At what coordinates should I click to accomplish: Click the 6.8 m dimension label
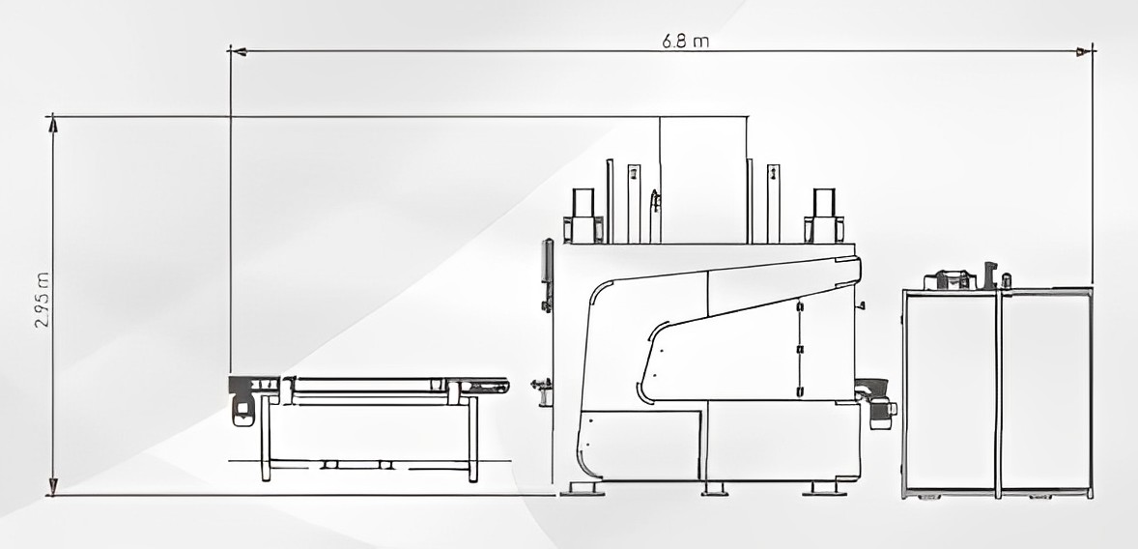click(x=685, y=41)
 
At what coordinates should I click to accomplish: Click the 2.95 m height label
click(x=43, y=300)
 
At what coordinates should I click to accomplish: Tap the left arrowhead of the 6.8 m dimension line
click(x=238, y=51)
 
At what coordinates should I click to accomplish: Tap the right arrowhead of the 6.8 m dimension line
click(x=1085, y=51)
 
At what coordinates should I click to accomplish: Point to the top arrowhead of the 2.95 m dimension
click(x=52, y=124)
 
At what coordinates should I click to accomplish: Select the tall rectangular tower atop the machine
click(x=703, y=180)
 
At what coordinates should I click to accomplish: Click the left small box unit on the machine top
click(x=583, y=215)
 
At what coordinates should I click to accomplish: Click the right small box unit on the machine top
click(x=824, y=215)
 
